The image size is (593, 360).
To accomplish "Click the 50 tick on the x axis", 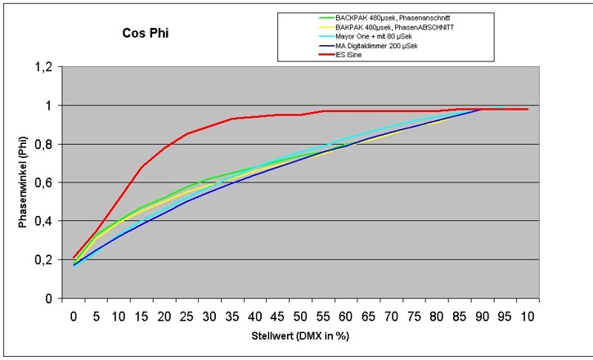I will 301,313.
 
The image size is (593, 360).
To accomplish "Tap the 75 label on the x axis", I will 413,313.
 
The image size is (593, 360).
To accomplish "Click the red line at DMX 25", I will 188,133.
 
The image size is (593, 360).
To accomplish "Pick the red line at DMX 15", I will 143,167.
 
